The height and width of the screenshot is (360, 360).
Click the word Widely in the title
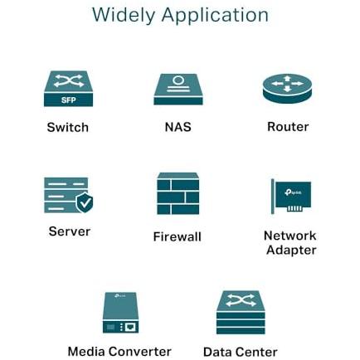tap(124, 16)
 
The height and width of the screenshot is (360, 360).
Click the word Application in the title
tap(215, 16)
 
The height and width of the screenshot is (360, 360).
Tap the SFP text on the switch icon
tap(69, 100)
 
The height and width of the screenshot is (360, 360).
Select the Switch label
tap(68, 127)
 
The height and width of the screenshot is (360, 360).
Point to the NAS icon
tap(178, 89)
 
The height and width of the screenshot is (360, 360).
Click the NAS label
tap(178, 127)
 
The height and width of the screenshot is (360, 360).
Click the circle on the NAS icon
tap(178, 80)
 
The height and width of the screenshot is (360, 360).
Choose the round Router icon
tap(287, 89)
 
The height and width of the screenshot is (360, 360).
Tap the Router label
tap(288, 127)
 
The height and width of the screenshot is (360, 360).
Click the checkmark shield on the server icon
tap(85, 202)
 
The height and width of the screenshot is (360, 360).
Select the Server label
tap(70, 231)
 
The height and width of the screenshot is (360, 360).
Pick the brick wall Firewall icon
tap(178, 194)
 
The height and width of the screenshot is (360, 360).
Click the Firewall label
tap(178, 236)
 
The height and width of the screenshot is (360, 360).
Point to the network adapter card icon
tap(291, 197)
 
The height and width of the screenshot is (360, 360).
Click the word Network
tap(290, 236)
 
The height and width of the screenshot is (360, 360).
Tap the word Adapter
tap(291, 251)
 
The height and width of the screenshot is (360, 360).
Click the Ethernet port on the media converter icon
tap(131, 328)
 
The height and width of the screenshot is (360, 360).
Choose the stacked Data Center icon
tap(241, 312)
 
